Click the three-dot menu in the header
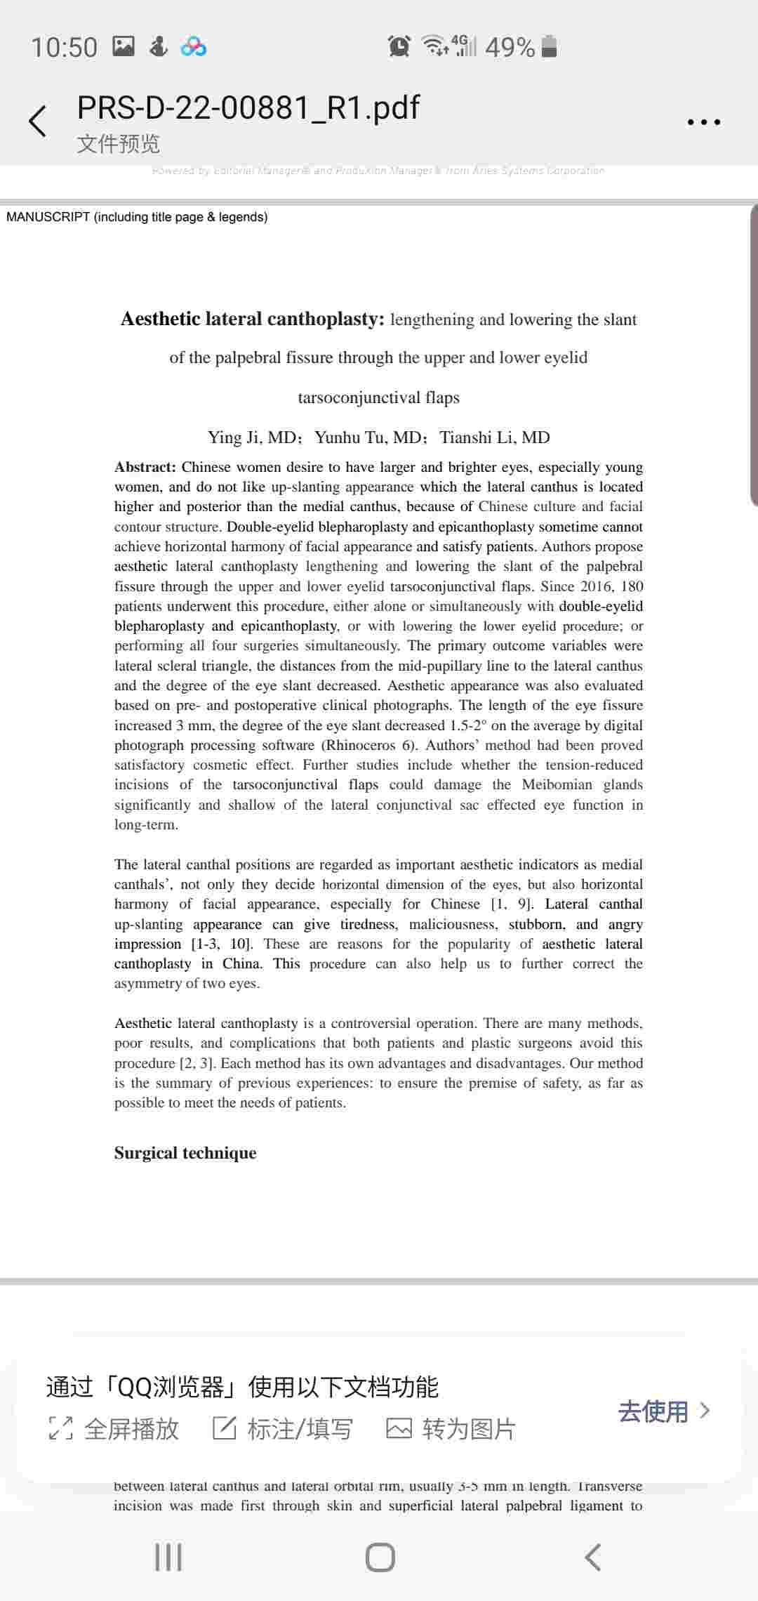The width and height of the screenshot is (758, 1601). tap(703, 122)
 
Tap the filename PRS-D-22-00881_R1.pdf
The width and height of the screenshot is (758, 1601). tap(248, 107)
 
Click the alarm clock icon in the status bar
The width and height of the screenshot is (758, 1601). tap(399, 46)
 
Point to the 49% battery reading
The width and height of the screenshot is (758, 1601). tap(510, 47)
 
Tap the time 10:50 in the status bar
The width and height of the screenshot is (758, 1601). tap(64, 47)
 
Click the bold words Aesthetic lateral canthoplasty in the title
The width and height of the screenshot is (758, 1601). tap(253, 319)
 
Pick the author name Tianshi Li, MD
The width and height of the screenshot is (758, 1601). tap(495, 437)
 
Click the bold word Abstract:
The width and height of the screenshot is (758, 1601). tap(145, 467)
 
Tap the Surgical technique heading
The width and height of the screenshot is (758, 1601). tap(185, 1153)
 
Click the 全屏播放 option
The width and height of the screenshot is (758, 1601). tap(114, 1429)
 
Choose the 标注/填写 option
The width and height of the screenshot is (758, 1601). tap(283, 1429)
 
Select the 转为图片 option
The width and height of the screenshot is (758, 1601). tap(451, 1429)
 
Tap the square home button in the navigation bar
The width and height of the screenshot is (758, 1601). tap(380, 1557)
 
